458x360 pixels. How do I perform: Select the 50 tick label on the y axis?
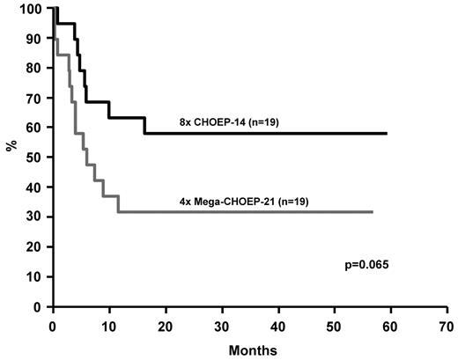37,158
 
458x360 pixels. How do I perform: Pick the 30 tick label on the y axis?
37,217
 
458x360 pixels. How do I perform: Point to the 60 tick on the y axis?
37,128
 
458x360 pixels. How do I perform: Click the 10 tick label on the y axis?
37,277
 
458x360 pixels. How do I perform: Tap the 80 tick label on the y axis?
37,69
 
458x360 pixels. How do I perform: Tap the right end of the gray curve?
373,212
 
